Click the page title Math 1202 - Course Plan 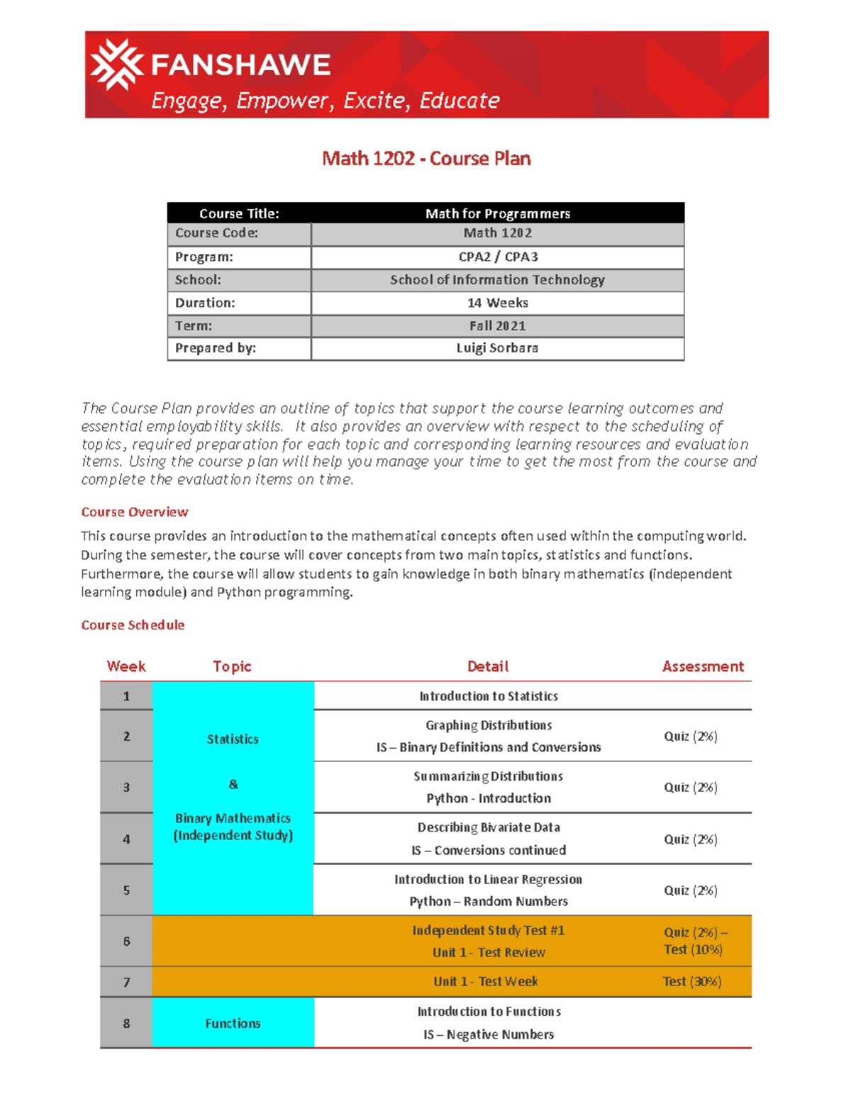coord(426,158)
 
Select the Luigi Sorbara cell coord(497,348)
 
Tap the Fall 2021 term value coord(497,325)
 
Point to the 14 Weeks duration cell coord(497,303)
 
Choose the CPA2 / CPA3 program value coord(497,257)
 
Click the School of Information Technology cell coord(497,280)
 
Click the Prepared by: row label coord(216,348)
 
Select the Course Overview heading coord(135,512)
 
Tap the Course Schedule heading coord(133,625)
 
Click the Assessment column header coord(703,666)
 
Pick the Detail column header coord(488,666)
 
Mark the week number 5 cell coord(126,890)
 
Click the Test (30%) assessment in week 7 coord(691,981)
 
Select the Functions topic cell coord(233,1023)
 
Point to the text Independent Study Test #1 coord(488,930)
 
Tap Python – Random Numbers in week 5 coord(488,901)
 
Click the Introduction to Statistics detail coord(488,696)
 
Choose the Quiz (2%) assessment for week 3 coord(690,787)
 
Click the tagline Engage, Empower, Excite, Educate coord(326,101)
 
